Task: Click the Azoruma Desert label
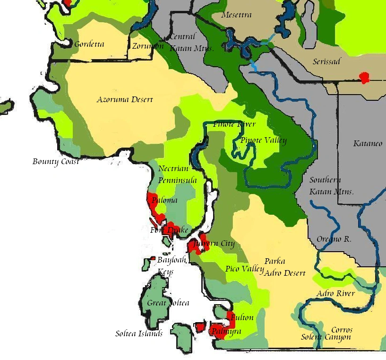[125, 100]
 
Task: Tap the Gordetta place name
[89, 44]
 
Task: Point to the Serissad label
[326, 62]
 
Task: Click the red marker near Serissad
[364, 78]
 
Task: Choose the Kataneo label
[368, 143]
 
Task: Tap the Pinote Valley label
[263, 140]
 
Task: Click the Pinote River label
[234, 124]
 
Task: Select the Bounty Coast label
[55, 162]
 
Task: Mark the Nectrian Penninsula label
[177, 175]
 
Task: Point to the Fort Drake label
[169, 230]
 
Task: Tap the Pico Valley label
[244, 269]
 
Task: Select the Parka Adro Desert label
[284, 267]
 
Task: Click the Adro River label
[335, 293]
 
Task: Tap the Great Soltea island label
[168, 303]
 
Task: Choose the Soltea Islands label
[139, 334]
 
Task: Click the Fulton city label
[242, 317]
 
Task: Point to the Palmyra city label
[226, 331]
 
